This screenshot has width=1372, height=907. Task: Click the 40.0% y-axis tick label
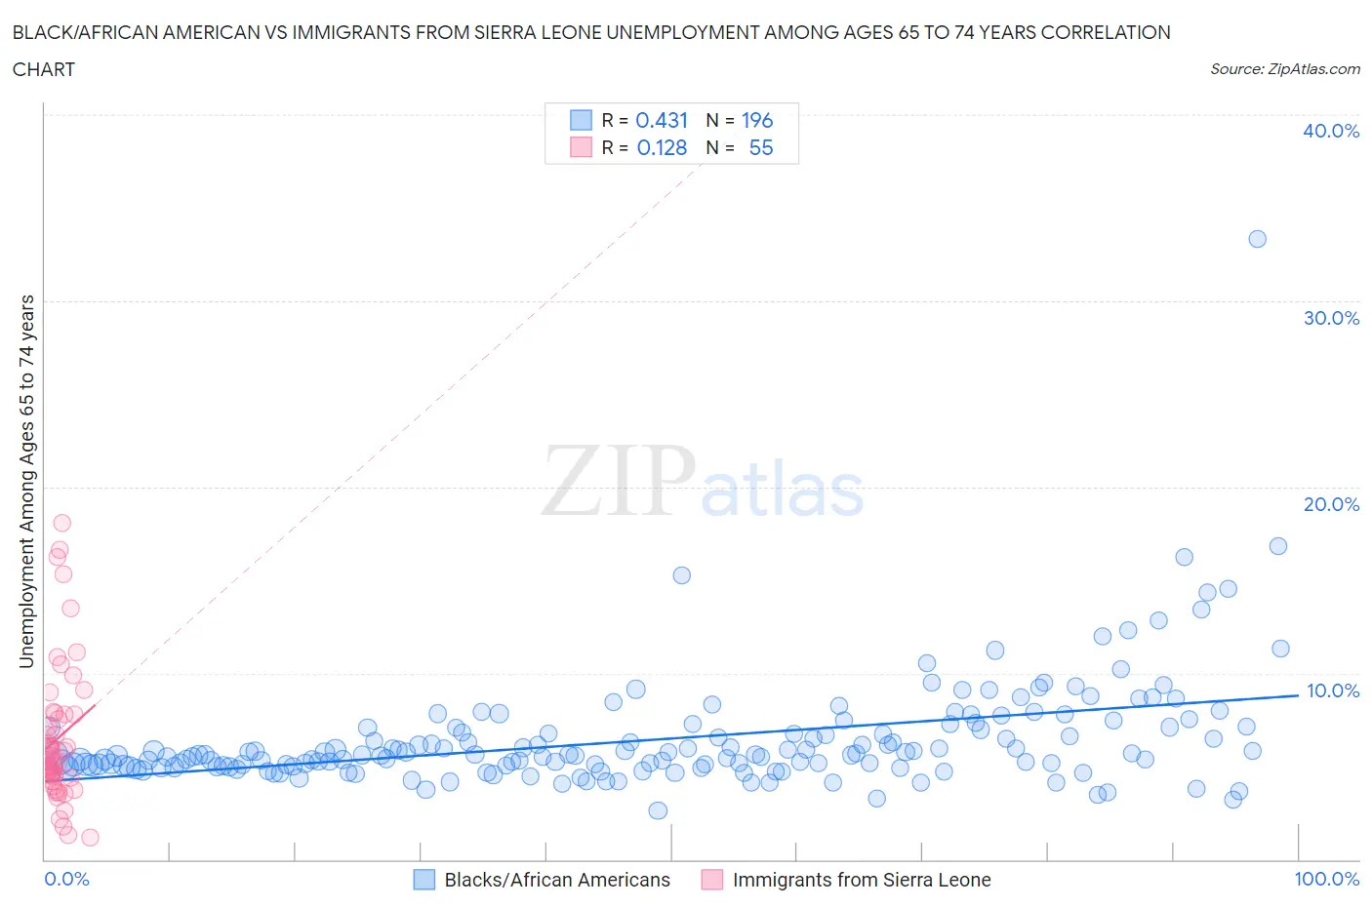(x=1331, y=131)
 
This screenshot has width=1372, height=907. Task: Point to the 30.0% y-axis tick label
(x=1331, y=318)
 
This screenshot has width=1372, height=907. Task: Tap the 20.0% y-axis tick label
(x=1331, y=504)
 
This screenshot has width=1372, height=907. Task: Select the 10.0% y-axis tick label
(x=1331, y=690)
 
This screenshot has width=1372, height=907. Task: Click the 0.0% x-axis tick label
(x=66, y=879)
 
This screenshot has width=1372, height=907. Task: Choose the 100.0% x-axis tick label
(x=1326, y=879)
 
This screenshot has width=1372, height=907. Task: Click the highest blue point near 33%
(x=1257, y=239)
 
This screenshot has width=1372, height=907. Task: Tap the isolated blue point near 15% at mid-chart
(x=682, y=575)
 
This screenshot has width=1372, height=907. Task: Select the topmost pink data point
(x=61, y=523)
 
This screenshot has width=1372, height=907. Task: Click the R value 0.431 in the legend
(x=662, y=120)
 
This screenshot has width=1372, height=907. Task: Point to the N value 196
(x=757, y=120)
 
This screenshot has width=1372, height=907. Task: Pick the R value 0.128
(x=662, y=147)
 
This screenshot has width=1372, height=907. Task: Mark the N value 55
(x=761, y=147)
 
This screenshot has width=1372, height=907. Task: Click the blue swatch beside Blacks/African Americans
(x=424, y=880)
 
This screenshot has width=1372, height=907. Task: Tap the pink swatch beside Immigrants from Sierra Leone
(x=712, y=880)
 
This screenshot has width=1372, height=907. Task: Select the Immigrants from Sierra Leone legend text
(x=862, y=880)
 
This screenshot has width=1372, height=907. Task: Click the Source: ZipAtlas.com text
(x=1284, y=68)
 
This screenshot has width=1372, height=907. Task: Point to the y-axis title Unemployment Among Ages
(x=26, y=482)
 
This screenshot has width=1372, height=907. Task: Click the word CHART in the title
(x=44, y=69)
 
